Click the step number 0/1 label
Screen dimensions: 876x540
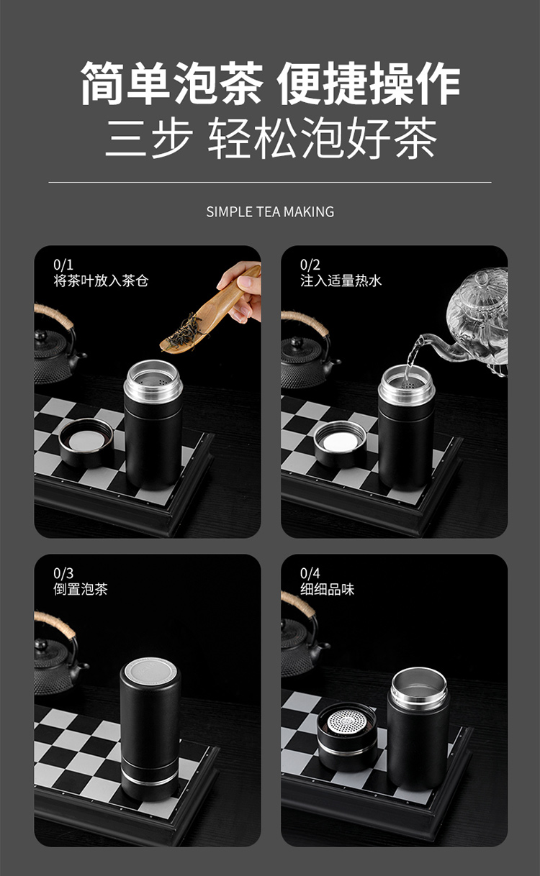coord(63,265)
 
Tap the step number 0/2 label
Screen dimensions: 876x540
coord(310,265)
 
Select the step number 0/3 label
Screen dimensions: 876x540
coord(63,573)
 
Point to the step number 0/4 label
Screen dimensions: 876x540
coord(310,573)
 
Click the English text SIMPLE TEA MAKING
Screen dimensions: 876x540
coord(270,211)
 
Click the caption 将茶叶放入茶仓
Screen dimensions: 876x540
coord(100,280)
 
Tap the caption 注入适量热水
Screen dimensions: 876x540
coord(341,280)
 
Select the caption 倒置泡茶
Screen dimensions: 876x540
coord(81,589)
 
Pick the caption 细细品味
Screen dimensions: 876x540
coord(328,589)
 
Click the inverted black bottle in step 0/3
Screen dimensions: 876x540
coord(150,726)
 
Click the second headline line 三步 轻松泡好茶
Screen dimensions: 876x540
coord(270,139)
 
